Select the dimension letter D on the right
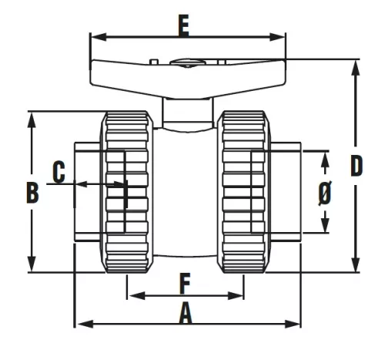click(356, 167)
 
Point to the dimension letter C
click(58, 172)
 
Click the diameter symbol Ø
click(325, 192)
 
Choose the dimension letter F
click(185, 283)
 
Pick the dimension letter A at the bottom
click(185, 312)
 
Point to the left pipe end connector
click(87, 191)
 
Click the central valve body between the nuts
click(185, 193)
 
